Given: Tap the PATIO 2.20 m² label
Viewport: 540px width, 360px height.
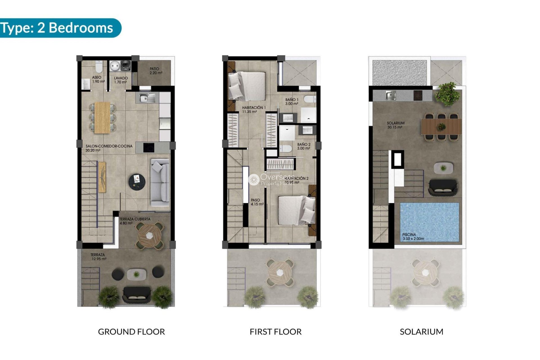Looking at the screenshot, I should pos(156,71).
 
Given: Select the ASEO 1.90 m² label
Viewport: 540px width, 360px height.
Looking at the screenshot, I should pos(98,79).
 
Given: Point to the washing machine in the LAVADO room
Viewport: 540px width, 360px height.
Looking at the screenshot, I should pos(125,66).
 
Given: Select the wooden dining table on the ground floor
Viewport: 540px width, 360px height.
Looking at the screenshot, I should pos(102,117).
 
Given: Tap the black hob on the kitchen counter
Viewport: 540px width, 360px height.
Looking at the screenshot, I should pos(149,147).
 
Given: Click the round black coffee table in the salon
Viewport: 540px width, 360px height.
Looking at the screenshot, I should pos(137,182).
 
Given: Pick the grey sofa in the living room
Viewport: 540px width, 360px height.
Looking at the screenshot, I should pos(160,183).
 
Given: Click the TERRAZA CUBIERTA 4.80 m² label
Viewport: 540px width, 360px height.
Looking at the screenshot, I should pos(134,221).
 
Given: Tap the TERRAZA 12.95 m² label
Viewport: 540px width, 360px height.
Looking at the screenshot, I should pos(98,257).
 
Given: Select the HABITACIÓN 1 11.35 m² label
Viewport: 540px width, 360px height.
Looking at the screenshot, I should pos(253,109).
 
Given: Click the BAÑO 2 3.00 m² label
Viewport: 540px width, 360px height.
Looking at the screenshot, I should pos(304,146).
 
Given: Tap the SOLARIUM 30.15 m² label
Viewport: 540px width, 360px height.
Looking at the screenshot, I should pos(395,125).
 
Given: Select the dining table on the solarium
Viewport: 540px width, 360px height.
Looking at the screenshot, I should pos(441,127).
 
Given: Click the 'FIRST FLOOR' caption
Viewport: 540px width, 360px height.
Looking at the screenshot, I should pos(275,332).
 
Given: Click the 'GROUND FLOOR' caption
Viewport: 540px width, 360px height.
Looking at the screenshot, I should pos(131,332).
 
